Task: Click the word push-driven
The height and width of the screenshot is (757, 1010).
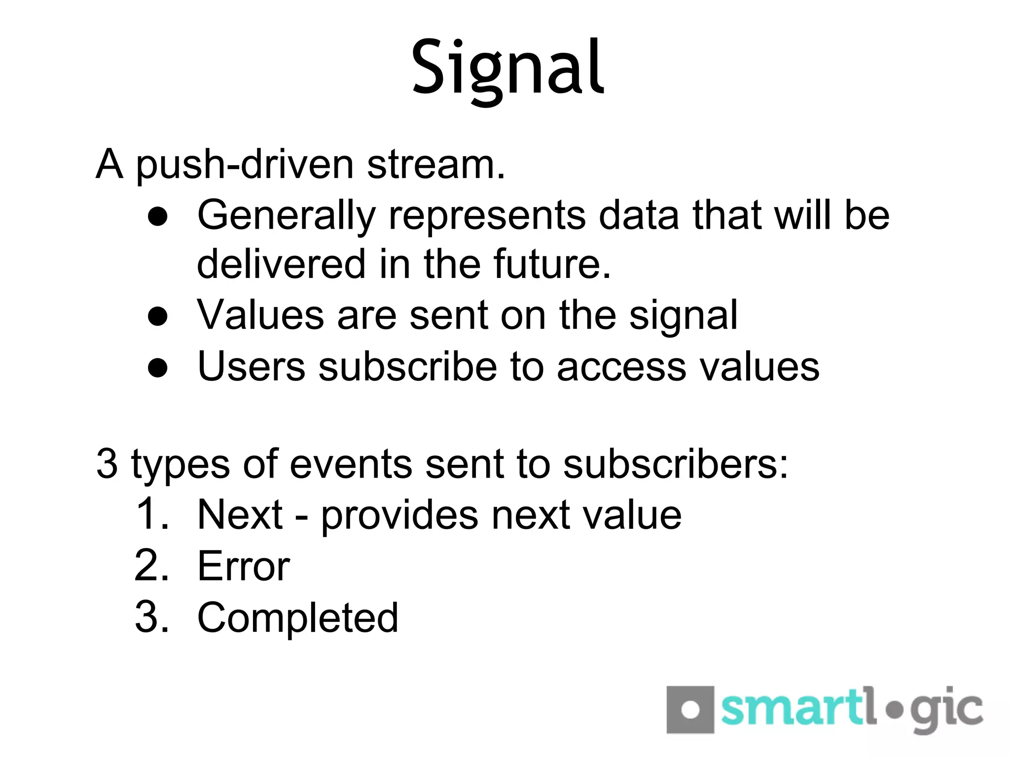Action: (x=245, y=165)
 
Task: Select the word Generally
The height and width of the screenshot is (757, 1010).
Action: (x=287, y=216)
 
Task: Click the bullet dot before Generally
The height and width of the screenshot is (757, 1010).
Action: (x=158, y=217)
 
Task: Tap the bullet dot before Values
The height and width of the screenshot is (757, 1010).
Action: (x=158, y=316)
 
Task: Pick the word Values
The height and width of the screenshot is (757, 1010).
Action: (x=260, y=315)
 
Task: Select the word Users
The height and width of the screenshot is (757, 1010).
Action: (x=252, y=367)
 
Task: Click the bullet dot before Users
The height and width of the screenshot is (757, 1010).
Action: (x=158, y=368)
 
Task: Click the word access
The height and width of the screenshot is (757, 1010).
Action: (x=621, y=368)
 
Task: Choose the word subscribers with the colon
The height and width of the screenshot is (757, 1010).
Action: (x=676, y=464)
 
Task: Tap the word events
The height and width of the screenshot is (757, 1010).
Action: (x=351, y=464)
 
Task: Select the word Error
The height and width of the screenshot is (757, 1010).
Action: (x=244, y=567)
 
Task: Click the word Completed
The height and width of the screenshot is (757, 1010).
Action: (x=297, y=618)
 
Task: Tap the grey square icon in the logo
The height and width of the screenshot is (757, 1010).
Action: (x=690, y=710)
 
